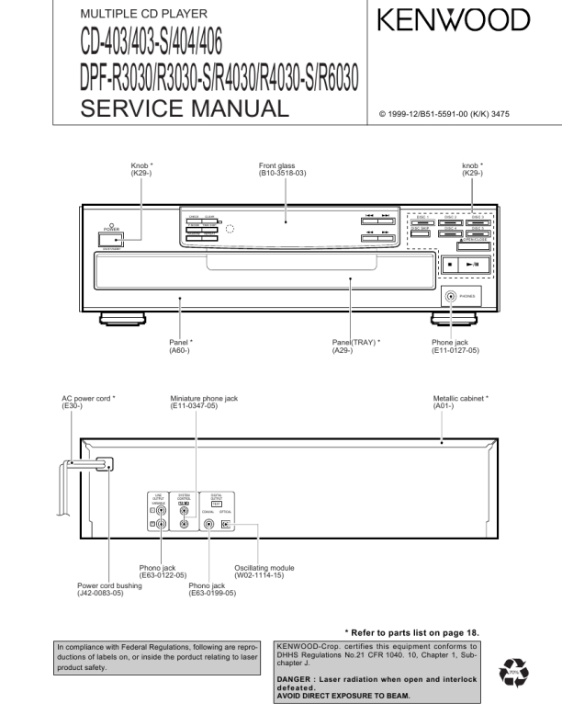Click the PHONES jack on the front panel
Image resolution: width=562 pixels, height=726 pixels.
point(450,297)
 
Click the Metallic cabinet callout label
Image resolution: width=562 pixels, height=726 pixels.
point(461,403)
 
